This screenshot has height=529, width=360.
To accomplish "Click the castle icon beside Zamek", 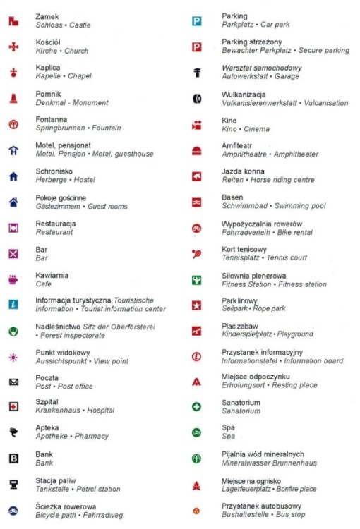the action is (13, 21).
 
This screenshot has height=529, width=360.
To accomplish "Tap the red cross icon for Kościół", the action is (13, 47).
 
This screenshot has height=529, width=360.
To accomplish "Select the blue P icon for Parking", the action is (197, 21).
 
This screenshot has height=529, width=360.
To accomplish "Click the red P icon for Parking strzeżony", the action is (197, 47).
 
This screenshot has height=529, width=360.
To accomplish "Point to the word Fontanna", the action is (52, 120).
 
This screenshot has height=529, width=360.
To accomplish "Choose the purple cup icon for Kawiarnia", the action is (13, 279).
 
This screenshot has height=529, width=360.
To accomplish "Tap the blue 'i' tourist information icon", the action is (13, 305).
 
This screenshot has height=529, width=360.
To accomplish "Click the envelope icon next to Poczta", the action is (13, 382).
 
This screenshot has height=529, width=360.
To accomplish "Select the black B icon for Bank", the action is (13, 458).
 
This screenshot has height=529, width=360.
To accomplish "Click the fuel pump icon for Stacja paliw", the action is (13, 485).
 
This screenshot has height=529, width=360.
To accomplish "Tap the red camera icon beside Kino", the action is (197, 126).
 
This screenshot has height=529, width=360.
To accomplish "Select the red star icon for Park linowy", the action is (197, 305).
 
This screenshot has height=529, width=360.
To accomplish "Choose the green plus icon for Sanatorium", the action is (197, 407).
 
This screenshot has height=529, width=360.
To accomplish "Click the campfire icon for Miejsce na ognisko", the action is (197, 485).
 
